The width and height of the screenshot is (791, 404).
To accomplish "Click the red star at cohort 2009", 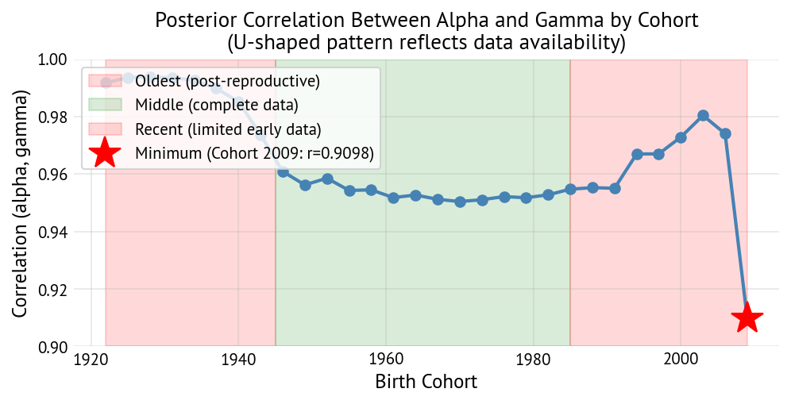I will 747,318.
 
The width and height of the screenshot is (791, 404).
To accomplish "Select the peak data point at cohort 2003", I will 703,115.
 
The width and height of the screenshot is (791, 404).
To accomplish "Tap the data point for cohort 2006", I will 725,133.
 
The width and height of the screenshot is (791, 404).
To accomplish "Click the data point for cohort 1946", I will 283,171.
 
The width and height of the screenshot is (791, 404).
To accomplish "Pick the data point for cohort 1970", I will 460,202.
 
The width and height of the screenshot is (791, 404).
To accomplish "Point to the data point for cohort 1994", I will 637,154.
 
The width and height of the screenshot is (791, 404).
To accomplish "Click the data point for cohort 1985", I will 570,189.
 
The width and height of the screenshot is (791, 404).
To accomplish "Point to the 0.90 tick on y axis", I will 54,348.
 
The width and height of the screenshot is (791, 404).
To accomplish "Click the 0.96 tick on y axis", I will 54,175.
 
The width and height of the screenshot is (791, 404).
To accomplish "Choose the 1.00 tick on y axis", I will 54,60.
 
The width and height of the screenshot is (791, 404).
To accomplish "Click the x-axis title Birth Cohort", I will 426,383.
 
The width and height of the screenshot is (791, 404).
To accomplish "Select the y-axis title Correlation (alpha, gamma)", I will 21,203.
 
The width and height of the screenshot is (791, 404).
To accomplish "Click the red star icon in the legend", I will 105,152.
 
